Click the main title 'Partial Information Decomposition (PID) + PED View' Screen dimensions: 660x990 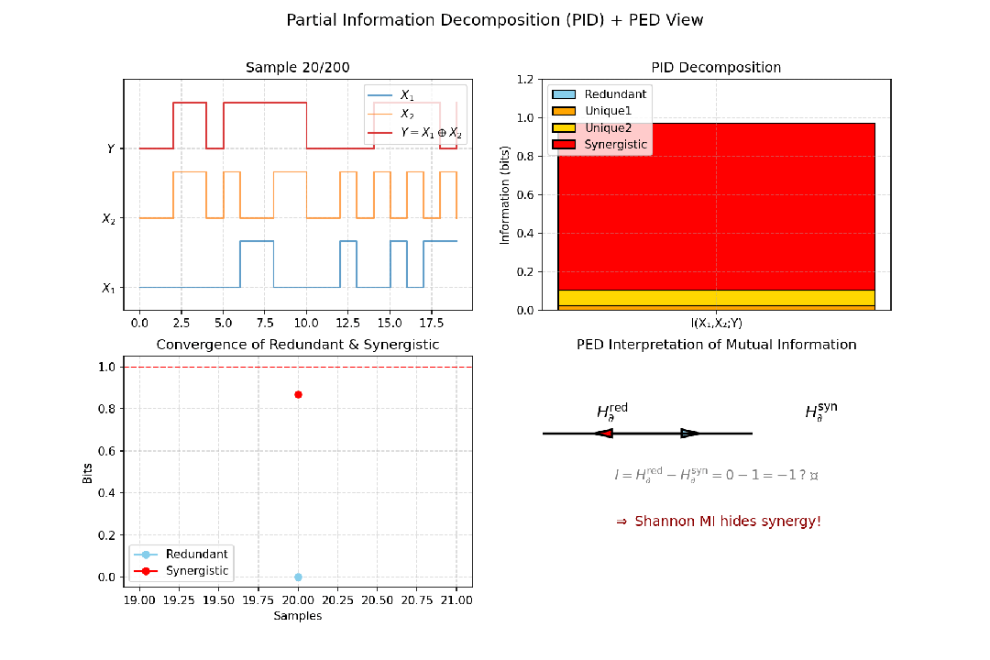(x=495, y=20)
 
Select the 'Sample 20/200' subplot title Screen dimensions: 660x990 (x=298, y=68)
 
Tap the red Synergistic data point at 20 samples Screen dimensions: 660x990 (x=298, y=394)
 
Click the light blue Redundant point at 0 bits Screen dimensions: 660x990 (x=298, y=577)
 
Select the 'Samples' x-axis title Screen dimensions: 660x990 (x=298, y=616)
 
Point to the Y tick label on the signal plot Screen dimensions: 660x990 (x=110, y=148)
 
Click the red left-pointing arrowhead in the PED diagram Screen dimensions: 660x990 (x=603, y=434)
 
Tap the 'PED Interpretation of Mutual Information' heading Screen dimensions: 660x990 (x=717, y=345)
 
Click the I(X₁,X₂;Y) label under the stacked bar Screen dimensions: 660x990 (x=717, y=323)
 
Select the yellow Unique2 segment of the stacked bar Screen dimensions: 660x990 (x=717, y=297)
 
